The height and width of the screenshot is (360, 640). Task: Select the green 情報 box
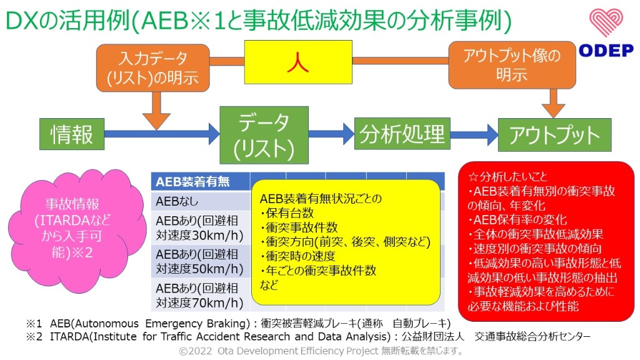(x=71, y=134)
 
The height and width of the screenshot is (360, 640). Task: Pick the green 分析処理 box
(x=402, y=133)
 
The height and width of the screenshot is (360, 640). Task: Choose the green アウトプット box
(x=554, y=135)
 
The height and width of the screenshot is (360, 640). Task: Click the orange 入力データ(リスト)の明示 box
(x=152, y=68)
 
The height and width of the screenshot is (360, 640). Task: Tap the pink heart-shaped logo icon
(x=605, y=23)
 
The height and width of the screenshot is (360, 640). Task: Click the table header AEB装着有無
(x=192, y=182)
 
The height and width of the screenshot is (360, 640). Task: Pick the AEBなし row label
(x=176, y=202)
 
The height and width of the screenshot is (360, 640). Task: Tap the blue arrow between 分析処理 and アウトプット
(x=473, y=134)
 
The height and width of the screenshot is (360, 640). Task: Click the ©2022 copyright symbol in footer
(x=184, y=351)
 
